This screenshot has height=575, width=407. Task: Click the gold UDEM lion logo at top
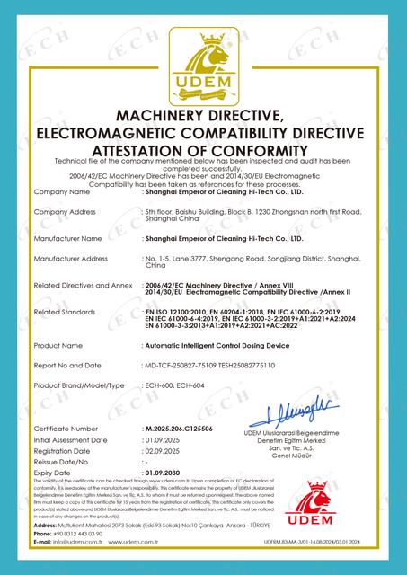(x=202, y=62)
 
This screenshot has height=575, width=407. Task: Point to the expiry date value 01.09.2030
(x=164, y=472)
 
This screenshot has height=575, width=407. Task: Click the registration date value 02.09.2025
(x=163, y=451)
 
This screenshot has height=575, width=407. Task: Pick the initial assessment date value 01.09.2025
(x=163, y=441)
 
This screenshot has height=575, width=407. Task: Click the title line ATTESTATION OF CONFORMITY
(x=202, y=151)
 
